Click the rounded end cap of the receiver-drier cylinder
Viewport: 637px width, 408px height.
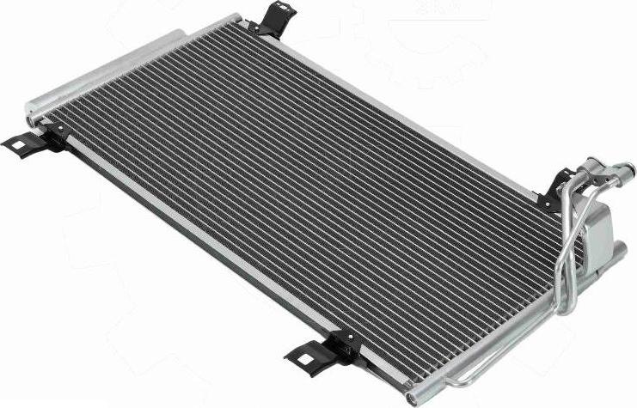[x=32, y=105]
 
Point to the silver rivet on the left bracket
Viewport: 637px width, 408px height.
[x=60, y=129]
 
